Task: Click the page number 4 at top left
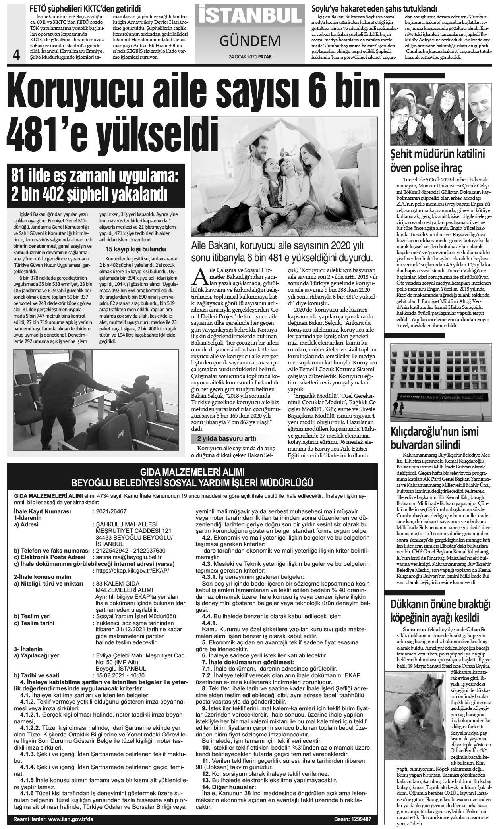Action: [17, 55]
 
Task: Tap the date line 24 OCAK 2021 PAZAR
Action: [250, 56]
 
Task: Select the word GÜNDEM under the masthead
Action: [250, 40]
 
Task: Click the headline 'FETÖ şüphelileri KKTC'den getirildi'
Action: [88, 8]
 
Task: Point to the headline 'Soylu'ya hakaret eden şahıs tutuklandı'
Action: [375, 8]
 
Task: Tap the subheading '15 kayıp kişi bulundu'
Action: [135, 249]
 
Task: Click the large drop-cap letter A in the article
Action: [201, 277]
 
